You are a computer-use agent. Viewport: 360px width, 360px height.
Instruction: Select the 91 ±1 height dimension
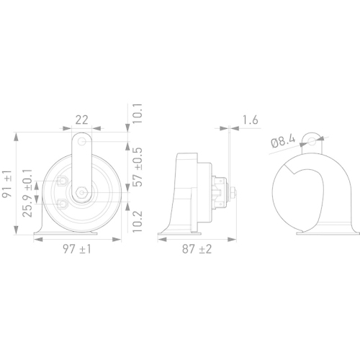pos(7,183)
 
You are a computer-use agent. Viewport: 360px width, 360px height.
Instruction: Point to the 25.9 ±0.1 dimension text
pos(27,193)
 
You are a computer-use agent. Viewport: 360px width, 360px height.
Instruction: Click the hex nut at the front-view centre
pos(83,192)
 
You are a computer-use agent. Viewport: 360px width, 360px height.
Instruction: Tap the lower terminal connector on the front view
pos(66,205)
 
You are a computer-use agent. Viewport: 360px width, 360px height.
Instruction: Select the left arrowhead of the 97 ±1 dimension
pos(37,238)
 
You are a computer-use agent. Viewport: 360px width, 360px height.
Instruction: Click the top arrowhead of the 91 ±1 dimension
pos(17,134)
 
